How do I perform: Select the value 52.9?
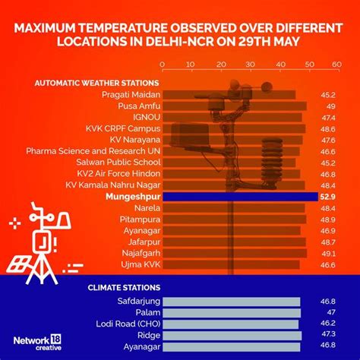(327, 197)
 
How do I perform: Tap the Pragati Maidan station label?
(131, 95)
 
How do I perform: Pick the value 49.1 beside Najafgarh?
(328, 253)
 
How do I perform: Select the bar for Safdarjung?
(232, 302)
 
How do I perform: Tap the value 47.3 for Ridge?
(328, 334)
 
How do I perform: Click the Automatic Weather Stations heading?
(96, 82)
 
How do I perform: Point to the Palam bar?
(232, 312)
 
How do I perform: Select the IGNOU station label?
(145, 118)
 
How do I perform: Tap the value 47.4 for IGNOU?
(328, 118)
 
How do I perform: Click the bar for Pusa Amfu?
(235, 106)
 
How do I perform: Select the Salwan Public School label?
(118, 163)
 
